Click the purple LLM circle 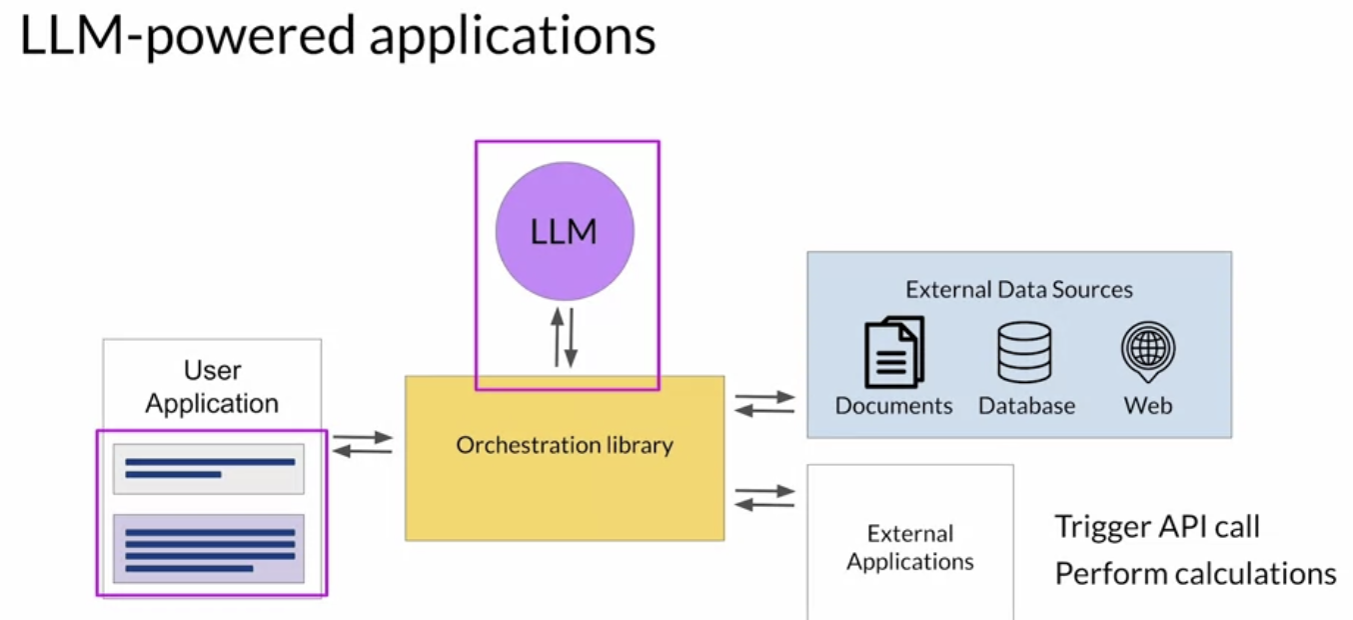click(x=565, y=231)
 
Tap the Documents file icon click(x=893, y=352)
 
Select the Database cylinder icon click(x=1024, y=352)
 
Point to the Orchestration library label click(x=565, y=445)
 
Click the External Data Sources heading click(x=1018, y=290)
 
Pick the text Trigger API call click(x=1157, y=526)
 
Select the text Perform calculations click(x=1195, y=574)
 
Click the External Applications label click(x=909, y=547)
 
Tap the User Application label click(x=212, y=387)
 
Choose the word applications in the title click(x=512, y=38)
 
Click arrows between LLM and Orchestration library click(x=565, y=338)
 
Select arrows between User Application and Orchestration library click(x=362, y=445)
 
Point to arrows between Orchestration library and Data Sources click(x=764, y=403)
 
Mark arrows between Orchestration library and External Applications click(x=764, y=497)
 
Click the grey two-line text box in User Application click(x=208, y=469)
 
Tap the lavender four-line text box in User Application click(x=208, y=549)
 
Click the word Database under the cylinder click(x=1026, y=406)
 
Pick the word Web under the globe click(x=1148, y=406)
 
